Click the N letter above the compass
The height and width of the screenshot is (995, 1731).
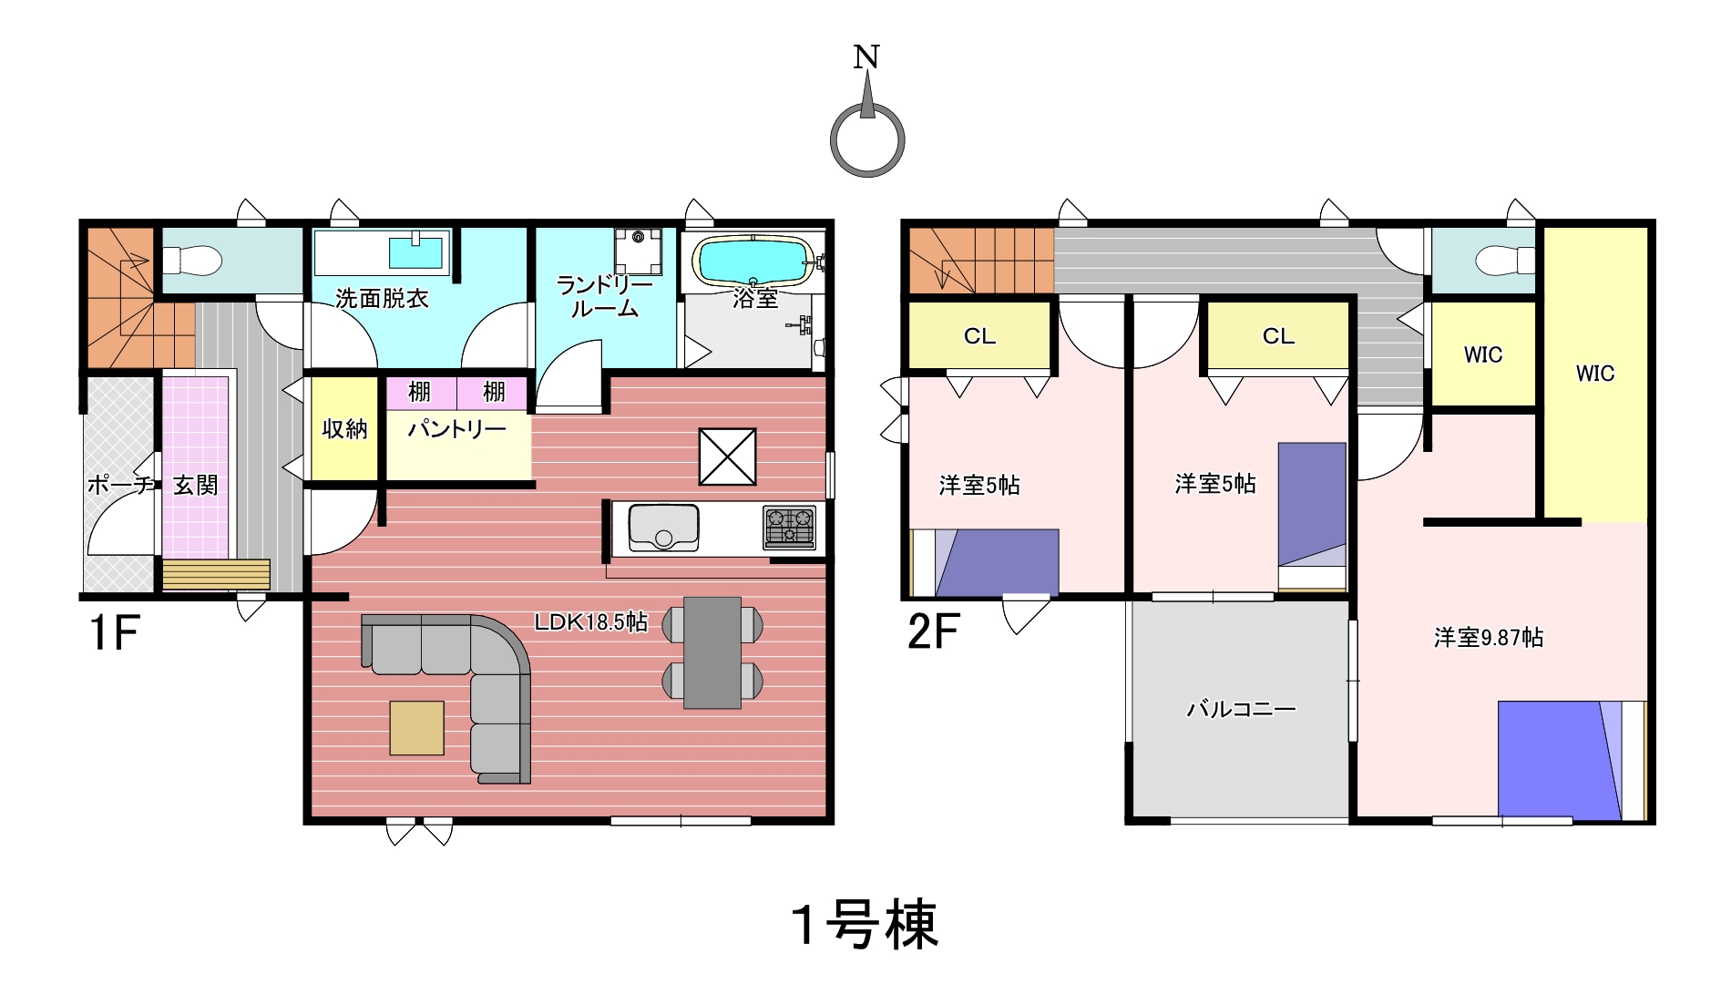866,56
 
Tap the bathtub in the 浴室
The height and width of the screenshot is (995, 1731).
753,261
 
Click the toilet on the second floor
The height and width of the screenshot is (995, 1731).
1504,261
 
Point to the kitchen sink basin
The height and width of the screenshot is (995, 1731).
663,528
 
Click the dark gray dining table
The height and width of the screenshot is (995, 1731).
712,652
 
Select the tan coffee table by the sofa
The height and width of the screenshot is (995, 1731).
417,728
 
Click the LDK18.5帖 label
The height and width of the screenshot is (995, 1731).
590,622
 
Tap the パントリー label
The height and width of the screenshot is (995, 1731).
456,428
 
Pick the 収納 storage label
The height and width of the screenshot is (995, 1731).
344,429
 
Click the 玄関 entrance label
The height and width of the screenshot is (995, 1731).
196,485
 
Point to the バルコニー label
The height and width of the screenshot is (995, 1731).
1241,708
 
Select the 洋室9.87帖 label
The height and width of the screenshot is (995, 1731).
1489,638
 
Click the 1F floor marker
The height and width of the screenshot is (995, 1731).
114,631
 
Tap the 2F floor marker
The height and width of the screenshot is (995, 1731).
934,631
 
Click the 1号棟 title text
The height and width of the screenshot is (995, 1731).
865,925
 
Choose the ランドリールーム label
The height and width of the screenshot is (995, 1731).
605,297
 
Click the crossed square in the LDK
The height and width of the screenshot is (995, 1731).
727,456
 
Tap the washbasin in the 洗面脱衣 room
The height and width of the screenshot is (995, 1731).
416,251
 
